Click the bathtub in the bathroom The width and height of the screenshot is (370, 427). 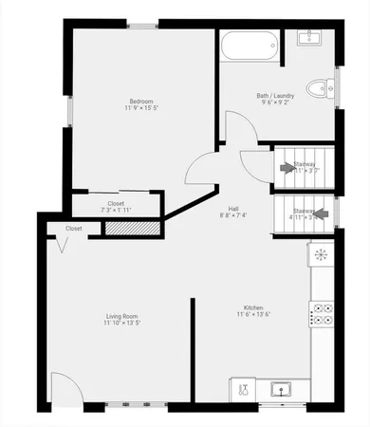click(249, 44)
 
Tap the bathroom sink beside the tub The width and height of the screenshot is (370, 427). click(309, 38)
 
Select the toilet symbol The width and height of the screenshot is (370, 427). click(325, 88)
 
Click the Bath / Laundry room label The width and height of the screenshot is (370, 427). click(275, 95)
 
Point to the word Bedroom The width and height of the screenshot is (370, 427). click(142, 102)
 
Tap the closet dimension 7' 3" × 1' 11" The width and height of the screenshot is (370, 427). click(117, 209)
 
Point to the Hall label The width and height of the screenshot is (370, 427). click(233, 209)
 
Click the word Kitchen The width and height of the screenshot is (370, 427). click(253, 307)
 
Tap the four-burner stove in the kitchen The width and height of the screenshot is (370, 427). click(321, 313)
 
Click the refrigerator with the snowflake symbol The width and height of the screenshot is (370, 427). click(321, 254)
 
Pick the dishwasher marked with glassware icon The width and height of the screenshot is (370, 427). click(244, 389)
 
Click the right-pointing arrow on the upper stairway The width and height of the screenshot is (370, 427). click(288, 168)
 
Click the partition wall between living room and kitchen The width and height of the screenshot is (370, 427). click(193, 351)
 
